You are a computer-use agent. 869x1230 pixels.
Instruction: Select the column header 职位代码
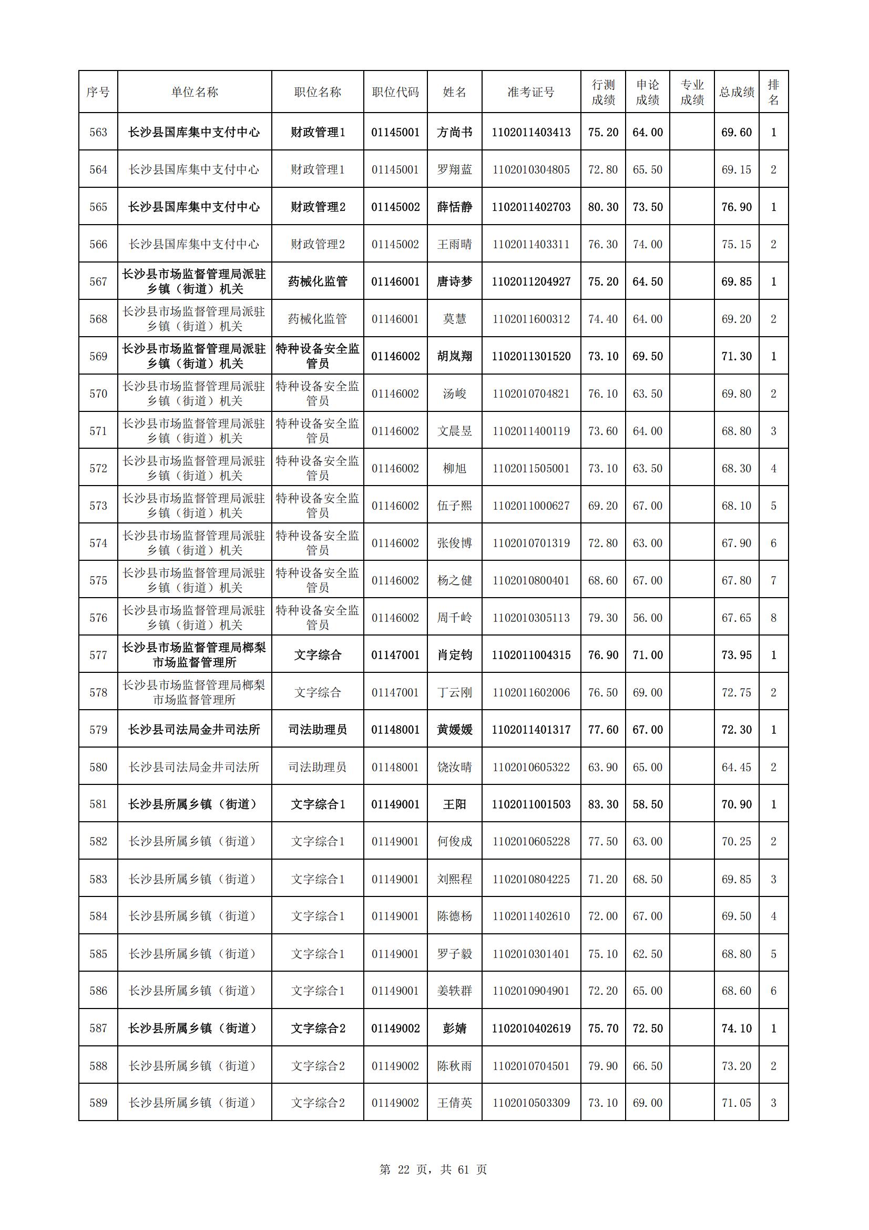coord(395,92)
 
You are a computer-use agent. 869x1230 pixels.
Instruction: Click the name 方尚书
coord(454,133)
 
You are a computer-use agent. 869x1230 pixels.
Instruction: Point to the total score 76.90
coord(736,207)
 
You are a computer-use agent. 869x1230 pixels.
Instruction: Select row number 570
coord(98,394)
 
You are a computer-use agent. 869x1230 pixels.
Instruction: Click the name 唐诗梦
coord(454,282)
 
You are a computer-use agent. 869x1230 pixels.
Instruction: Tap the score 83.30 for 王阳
coord(603,804)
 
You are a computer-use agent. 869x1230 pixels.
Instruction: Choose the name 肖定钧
coord(454,655)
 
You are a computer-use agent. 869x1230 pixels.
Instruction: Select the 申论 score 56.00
coord(647,618)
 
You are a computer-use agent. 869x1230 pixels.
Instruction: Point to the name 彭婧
coord(454,1028)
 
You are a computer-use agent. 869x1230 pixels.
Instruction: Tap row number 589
coord(98,1103)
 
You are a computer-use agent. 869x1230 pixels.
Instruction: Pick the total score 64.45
coord(736,767)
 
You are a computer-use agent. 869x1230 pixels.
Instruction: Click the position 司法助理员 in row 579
coord(318,730)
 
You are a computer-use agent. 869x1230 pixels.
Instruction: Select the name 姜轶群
coord(454,991)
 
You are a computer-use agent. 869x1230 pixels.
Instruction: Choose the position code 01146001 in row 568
coord(395,319)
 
